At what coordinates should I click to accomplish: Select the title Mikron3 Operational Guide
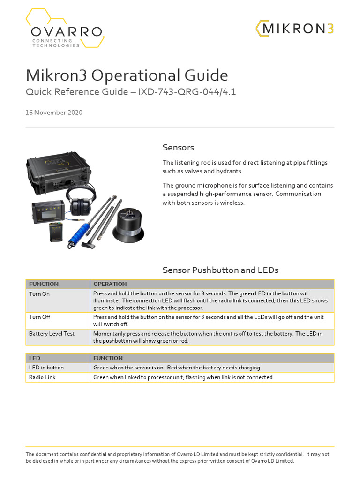coord(127,75)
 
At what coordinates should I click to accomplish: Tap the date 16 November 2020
coord(54,112)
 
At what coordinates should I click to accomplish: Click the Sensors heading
coord(178,148)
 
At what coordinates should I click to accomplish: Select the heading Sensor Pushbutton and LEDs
coord(220,270)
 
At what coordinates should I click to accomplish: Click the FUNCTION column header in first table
coord(44,284)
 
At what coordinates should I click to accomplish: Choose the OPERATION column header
coord(110,284)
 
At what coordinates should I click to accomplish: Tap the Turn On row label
coord(39,293)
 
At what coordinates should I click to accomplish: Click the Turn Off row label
coord(39,317)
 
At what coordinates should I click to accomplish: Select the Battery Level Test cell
coord(52,334)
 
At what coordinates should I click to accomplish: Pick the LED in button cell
coord(46,367)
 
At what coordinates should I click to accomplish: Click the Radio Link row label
coord(42,377)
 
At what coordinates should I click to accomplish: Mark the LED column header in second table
coord(35,358)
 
